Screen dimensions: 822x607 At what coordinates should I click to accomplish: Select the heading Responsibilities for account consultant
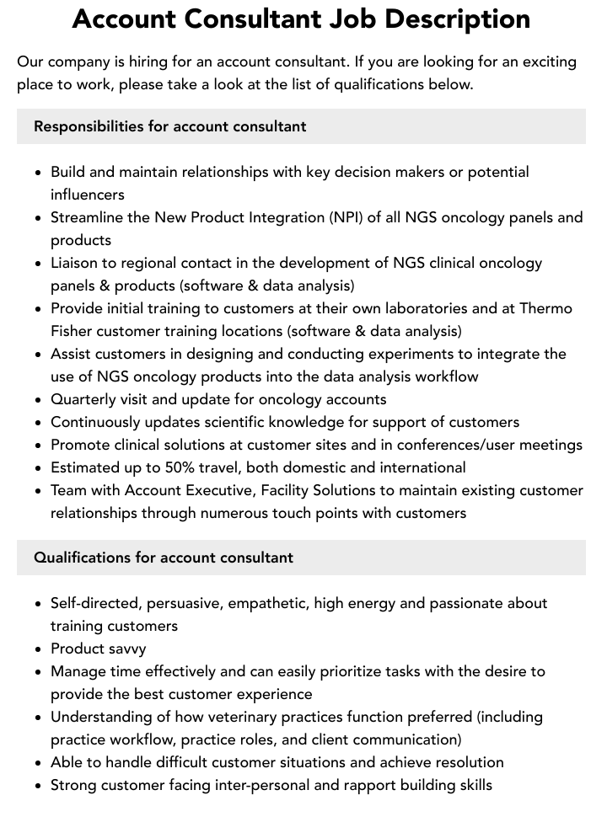pos(169,126)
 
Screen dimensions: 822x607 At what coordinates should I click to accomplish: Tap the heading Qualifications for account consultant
pos(164,558)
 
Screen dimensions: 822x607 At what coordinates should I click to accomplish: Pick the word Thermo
pos(545,308)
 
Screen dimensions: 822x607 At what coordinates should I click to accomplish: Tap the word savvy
pos(123,649)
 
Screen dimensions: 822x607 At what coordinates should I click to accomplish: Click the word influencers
pos(88,195)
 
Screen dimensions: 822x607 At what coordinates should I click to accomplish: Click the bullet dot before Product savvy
pos(38,649)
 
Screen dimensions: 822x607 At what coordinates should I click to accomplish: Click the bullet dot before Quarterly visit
pos(38,400)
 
